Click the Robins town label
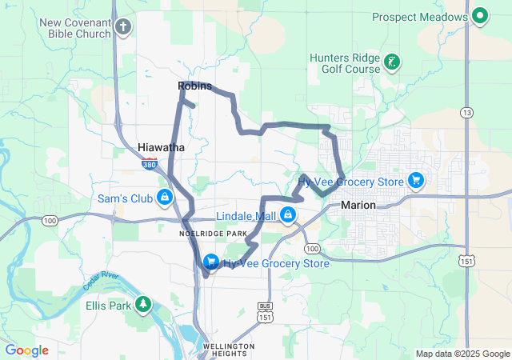click(x=194, y=86)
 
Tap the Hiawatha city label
click(x=161, y=148)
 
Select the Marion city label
click(x=358, y=206)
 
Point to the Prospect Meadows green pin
click(x=480, y=16)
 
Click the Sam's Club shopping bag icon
click(x=164, y=197)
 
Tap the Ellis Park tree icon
click(x=143, y=304)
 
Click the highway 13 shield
click(x=466, y=113)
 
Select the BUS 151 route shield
click(x=265, y=312)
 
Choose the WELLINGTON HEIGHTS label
click(x=228, y=350)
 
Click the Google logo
click(x=27, y=350)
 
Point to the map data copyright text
click(x=462, y=354)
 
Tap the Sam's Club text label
click(x=124, y=198)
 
